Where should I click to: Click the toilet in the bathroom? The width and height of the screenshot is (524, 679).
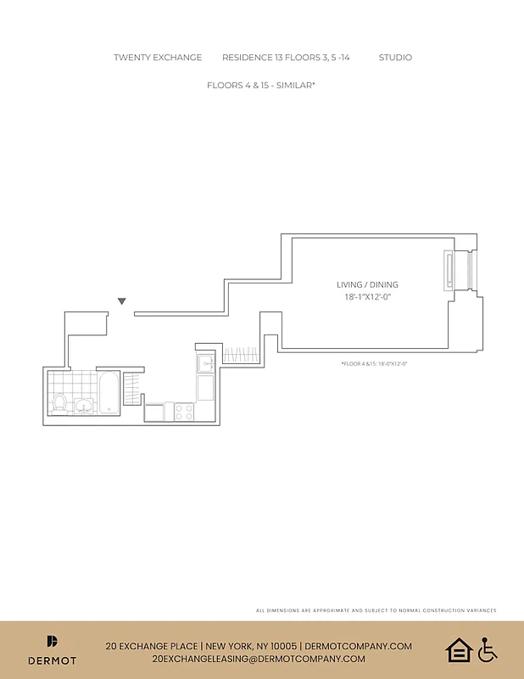tap(60, 402)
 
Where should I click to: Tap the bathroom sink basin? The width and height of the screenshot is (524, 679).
tap(84, 406)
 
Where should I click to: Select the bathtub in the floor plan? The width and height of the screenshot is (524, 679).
tap(110, 393)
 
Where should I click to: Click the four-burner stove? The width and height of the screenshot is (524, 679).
tap(184, 412)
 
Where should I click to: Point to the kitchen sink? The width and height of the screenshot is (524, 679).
tap(205, 364)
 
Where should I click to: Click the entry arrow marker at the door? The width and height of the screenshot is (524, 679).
tap(122, 301)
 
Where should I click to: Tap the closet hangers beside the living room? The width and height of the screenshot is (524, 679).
tap(241, 355)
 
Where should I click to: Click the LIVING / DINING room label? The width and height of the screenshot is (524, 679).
tap(366, 285)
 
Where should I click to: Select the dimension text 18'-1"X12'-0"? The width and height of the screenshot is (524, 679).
tap(366, 297)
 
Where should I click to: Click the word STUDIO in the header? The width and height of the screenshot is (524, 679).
tap(395, 58)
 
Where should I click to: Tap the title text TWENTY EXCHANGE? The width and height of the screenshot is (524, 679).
tap(158, 58)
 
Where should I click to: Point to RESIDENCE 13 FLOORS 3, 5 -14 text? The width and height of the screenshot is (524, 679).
tap(286, 58)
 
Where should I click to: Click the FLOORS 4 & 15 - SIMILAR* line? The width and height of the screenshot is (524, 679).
tap(261, 86)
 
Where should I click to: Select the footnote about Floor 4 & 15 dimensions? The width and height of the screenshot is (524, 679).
tap(374, 363)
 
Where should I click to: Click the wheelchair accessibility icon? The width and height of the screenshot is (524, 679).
tap(487, 651)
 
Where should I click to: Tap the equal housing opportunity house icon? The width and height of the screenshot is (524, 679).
tap(458, 651)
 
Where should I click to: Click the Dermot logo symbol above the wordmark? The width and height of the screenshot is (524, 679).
tap(52, 642)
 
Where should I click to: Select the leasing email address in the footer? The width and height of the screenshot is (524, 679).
tap(259, 659)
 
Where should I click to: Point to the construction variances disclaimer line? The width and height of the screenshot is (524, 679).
tap(376, 610)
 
